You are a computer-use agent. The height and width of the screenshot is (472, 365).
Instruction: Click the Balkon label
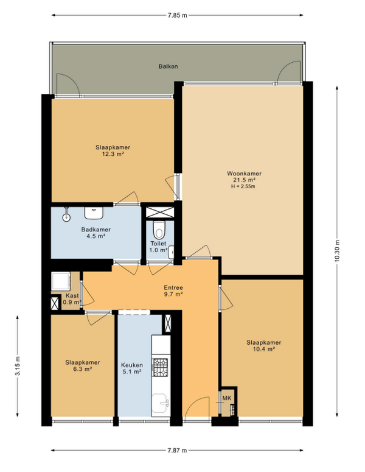pyautogui.click(x=168, y=66)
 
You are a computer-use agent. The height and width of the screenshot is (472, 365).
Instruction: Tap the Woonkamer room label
pyautogui.click(x=244, y=174)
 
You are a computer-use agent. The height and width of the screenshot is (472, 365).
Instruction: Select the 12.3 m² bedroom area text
pyautogui.click(x=113, y=154)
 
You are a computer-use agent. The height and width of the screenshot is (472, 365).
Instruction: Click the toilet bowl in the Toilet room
pyautogui.click(x=159, y=230)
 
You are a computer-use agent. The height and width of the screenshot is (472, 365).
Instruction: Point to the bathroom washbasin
pyautogui.click(x=94, y=213)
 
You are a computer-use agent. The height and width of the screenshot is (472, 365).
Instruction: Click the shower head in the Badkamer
pyautogui.click(x=66, y=214)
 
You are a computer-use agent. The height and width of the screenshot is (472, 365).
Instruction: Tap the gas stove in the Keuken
pyautogui.click(x=161, y=367)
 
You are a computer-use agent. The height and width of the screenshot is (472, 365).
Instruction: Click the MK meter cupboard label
pyautogui.click(x=227, y=398)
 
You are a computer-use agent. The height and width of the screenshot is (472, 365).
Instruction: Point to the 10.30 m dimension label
pyautogui.click(x=337, y=251)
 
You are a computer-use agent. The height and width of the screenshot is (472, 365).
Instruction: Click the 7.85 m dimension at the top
pyautogui.click(x=178, y=15)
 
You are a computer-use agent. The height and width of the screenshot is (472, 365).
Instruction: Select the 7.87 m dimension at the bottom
pyautogui.click(x=177, y=450)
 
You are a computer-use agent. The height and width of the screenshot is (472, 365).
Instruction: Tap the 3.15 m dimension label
pyautogui.click(x=18, y=366)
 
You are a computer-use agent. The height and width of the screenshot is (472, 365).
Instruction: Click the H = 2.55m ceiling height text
pyautogui.click(x=243, y=186)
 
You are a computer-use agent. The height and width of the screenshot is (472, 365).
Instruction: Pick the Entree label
pyautogui.click(x=173, y=287)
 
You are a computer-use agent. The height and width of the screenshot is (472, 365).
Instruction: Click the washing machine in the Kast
pyautogui.click(x=61, y=281)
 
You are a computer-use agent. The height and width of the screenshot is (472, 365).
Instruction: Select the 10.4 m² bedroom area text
pyautogui.click(x=264, y=349)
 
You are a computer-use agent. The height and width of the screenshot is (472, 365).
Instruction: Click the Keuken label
pyautogui.click(x=132, y=365)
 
